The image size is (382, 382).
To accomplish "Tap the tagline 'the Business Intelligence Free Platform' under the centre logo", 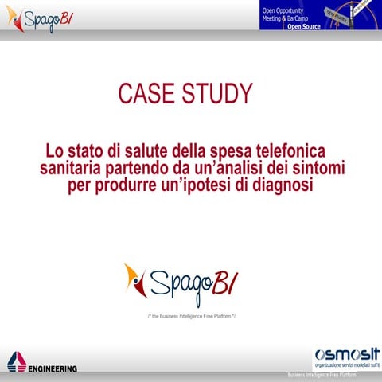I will [192, 317].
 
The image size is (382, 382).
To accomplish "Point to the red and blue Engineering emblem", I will [16, 364].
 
